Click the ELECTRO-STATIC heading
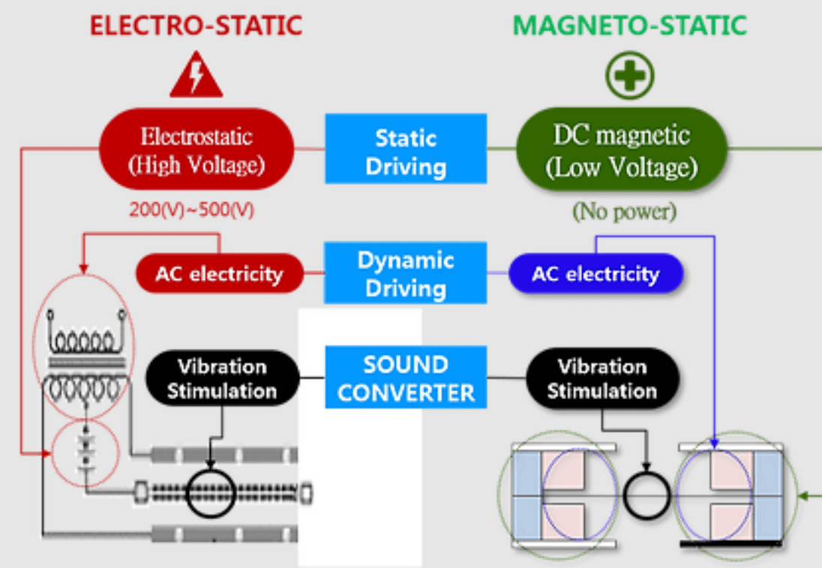[196, 26]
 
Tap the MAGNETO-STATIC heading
[630, 26]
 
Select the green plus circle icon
[630, 76]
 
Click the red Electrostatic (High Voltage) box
[197, 149]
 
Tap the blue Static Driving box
[405, 149]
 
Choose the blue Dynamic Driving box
[405, 273]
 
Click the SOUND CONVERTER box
[405, 377]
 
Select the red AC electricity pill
[219, 273]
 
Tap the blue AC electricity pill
[595, 273]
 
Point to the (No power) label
[624, 212]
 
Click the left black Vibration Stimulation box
[222, 378]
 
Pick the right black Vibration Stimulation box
[602, 378]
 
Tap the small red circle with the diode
[84, 455]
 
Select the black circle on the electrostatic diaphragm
[211, 493]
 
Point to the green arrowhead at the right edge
[805, 495]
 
